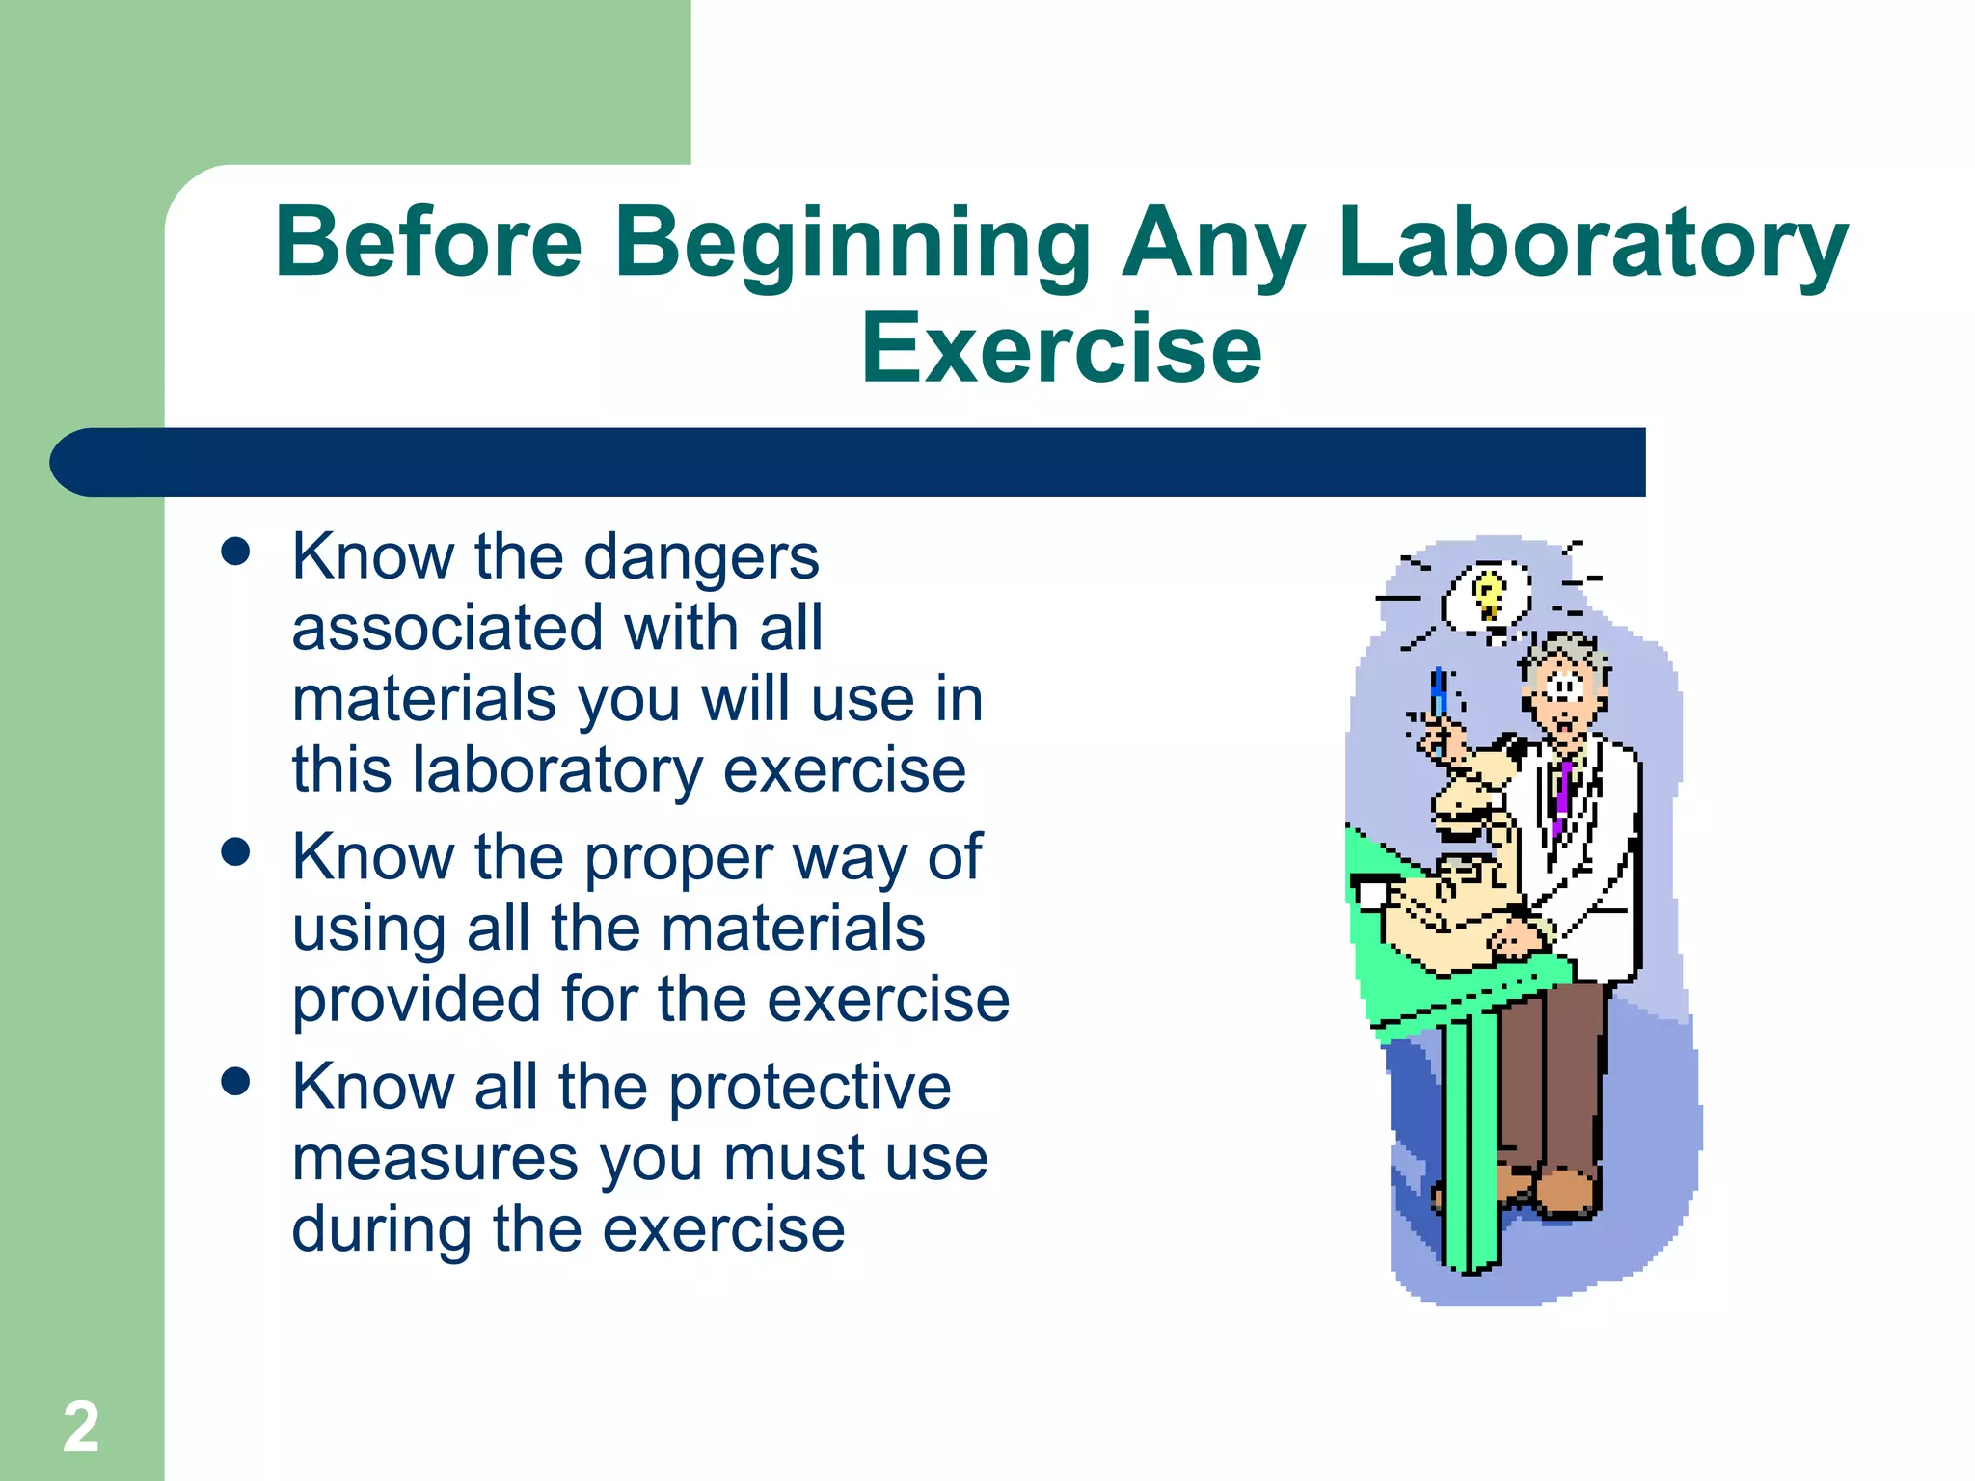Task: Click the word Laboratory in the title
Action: (x=1591, y=243)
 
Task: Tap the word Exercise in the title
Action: (x=1061, y=349)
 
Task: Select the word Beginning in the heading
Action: (x=852, y=245)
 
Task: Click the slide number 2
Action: (x=81, y=1427)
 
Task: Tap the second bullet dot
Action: (x=235, y=852)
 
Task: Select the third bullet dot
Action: (x=235, y=1082)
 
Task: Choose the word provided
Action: (x=417, y=999)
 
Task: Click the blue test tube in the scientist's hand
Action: (x=1439, y=696)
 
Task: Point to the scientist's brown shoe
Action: (x=1567, y=1194)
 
